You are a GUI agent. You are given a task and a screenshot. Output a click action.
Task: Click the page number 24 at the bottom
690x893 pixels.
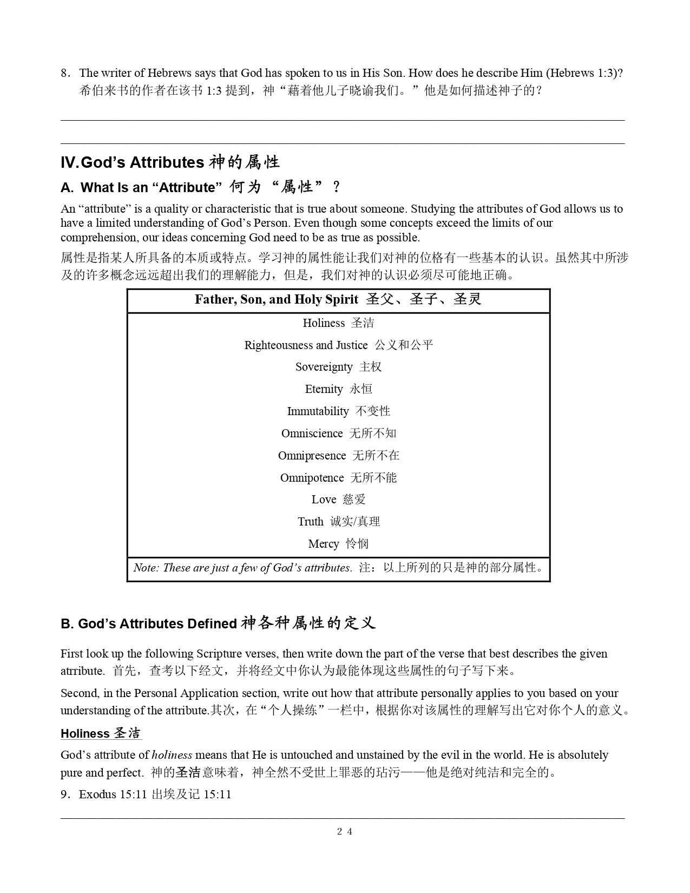pos(345,832)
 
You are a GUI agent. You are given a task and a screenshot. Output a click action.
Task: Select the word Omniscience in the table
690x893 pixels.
pos(312,434)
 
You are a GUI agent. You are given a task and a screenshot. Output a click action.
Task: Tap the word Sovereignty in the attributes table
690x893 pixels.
pos(324,367)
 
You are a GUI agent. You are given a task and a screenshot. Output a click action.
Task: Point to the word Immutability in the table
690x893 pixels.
pos(318,411)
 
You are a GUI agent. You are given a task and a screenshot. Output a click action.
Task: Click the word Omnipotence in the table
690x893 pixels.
pos(312,478)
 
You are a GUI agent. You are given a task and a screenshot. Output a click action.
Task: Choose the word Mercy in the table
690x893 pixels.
pos(324,544)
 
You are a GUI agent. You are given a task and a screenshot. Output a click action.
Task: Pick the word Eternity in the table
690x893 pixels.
pos(324,389)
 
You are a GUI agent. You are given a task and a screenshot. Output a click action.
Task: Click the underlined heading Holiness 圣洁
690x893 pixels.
pos(101,734)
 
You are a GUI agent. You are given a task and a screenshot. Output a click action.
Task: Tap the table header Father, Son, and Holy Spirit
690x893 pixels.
pos(276,300)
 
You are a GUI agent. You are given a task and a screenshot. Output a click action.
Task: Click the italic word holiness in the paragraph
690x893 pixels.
pos(172,755)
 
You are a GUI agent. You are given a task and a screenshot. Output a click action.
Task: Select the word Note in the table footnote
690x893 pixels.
pos(145,568)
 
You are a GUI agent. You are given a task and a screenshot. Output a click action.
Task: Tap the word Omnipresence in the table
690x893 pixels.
pos(312,456)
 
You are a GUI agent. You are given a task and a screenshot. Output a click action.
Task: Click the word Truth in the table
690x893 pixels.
pos(311,522)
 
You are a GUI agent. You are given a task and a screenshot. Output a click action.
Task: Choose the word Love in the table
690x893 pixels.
pos(324,500)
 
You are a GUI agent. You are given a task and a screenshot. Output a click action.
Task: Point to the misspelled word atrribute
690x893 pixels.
pos(82,671)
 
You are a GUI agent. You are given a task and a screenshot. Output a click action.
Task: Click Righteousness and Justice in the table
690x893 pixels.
pos(306,345)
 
